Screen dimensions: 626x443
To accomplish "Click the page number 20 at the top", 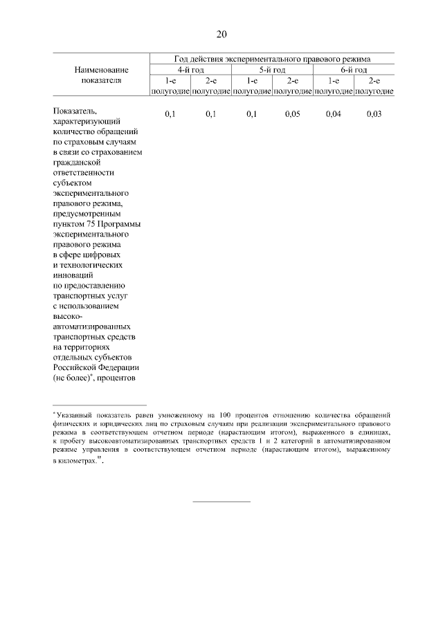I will (221, 34).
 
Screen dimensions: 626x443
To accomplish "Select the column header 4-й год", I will (190, 70).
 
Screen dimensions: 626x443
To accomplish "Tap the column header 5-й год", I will (272, 70).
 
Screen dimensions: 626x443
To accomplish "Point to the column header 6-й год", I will (354, 70).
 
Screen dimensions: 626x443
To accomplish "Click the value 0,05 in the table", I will (292, 113).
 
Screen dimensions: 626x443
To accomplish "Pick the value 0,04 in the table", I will (333, 113).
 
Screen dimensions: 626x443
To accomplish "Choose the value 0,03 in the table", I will (374, 113).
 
